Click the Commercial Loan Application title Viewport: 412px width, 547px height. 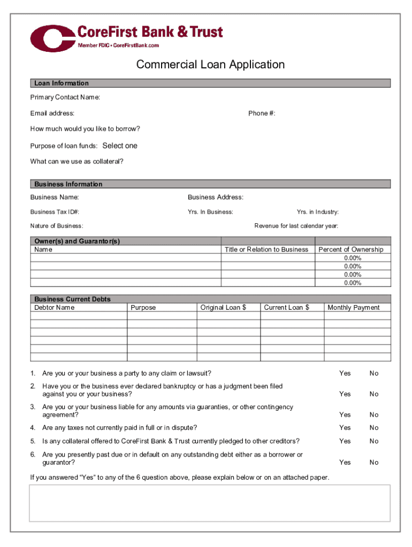[210, 65]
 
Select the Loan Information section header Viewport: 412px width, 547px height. [62, 83]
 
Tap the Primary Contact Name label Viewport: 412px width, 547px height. [65, 97]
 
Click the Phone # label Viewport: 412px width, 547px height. [262, 113]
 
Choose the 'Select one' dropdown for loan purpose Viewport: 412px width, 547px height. [120, 146]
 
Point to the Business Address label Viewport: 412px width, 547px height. [216, 198]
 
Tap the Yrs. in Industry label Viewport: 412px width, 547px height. [317, 212]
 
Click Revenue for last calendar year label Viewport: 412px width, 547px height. [296, 226]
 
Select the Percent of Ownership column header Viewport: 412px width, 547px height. [350, 249]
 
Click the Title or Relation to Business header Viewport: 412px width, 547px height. [266, 249]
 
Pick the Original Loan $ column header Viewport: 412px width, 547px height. [223, 308]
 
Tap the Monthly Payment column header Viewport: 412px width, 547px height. [353, 308]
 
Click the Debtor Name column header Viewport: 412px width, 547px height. [55, 308]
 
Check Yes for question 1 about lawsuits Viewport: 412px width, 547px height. [345, 373]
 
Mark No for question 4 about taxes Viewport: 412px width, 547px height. [373, 428]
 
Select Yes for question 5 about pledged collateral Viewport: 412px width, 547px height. [345, 441]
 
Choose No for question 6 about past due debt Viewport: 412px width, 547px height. [373, 463]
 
